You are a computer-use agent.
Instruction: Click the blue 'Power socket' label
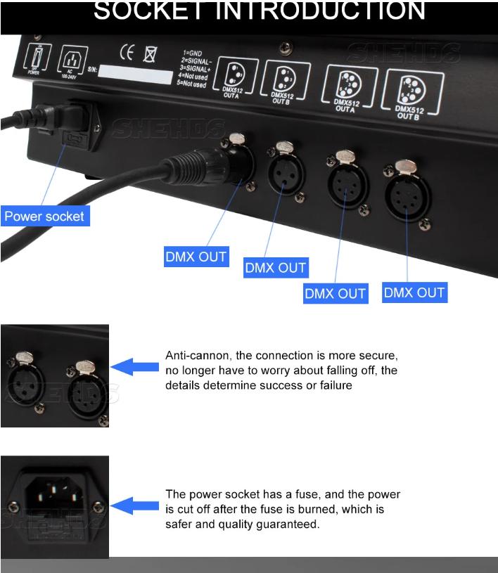[44, 217]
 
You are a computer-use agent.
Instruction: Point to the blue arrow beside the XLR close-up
[135, 366]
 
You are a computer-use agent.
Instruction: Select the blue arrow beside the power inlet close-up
[135, 505]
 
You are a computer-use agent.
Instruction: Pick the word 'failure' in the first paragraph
[334, 385]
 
